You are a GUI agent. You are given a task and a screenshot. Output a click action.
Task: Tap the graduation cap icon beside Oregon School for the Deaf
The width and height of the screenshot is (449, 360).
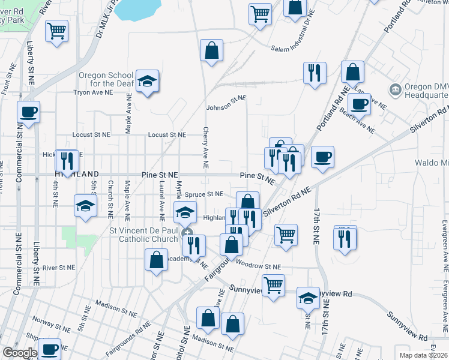146,80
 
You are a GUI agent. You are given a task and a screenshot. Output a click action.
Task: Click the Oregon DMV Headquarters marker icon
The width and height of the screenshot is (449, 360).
396,90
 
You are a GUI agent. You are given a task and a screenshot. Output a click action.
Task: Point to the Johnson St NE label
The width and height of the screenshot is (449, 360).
226,103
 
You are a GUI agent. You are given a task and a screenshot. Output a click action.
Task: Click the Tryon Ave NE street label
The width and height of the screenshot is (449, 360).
93,93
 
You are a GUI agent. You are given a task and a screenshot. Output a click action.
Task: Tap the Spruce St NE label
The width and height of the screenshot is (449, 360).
203,194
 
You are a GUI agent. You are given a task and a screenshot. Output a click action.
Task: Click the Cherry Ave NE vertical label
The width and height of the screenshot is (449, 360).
206,147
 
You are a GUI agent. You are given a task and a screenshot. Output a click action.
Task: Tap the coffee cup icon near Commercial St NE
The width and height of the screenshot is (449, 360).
28,112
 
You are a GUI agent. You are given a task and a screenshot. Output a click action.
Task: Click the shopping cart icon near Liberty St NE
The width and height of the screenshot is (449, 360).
56,30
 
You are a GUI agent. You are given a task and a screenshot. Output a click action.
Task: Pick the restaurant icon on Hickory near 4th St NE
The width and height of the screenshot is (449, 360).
67,160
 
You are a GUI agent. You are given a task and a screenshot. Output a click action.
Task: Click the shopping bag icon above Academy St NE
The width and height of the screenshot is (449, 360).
156,260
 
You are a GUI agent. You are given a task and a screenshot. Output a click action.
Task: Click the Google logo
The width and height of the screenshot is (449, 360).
20,353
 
